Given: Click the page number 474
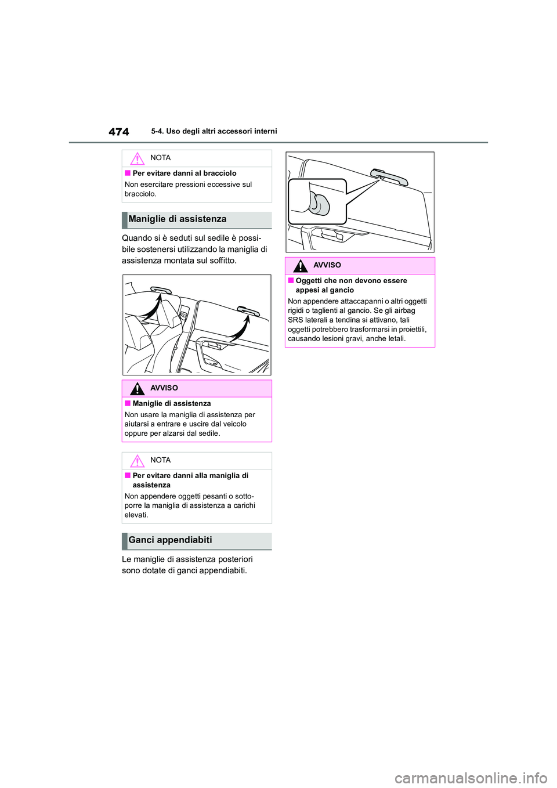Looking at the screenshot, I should pos(119,132).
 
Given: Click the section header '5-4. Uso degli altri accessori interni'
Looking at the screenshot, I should pos(214,131).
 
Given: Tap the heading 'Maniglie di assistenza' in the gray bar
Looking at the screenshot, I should pos(178,219).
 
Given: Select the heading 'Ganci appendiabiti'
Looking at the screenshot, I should pos(171,540).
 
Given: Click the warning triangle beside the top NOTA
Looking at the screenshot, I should pos(137,158).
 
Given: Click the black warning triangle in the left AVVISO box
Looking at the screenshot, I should pos(137,388).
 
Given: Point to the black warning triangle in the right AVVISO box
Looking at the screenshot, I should pos(300,266).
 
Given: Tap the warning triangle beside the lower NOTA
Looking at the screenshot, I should pos(137,461).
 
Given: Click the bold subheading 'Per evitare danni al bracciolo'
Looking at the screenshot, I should pos(185,173).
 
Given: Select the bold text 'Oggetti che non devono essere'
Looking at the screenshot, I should pos(351,280).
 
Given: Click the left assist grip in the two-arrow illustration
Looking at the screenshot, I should pos(161,290).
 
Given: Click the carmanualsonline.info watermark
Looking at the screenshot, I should pos(471,777).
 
